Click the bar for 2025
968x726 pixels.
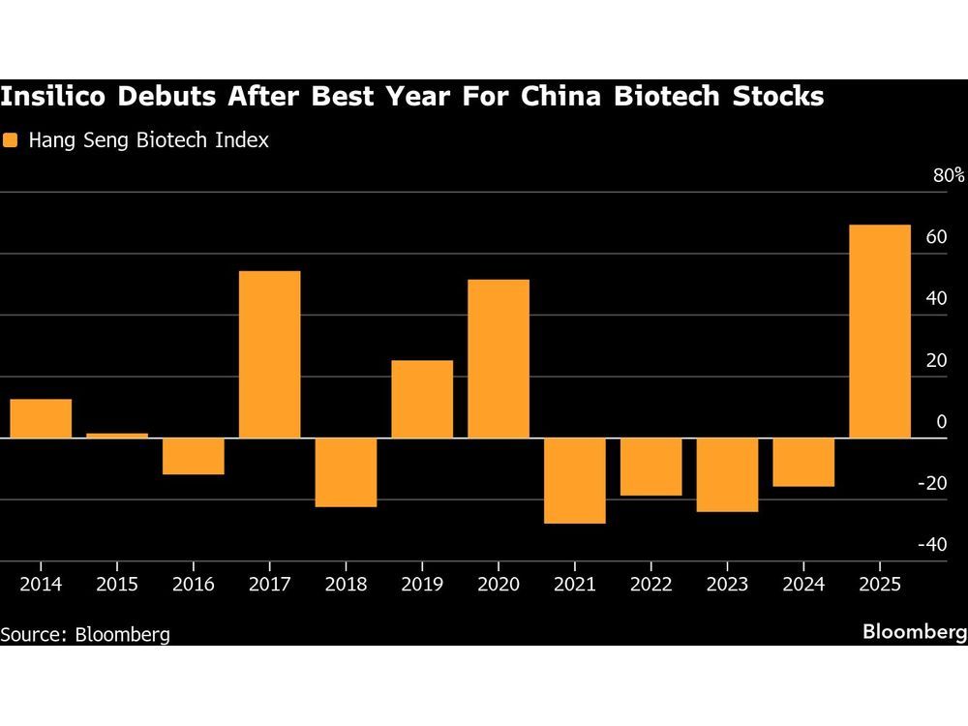click(x=880, y=331)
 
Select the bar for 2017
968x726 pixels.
click(x=269, y=354)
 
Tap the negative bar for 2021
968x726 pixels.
click(x=575, y=480)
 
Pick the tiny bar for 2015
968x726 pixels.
click(x=117, y=436)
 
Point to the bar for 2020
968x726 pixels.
click(x=499, y=358)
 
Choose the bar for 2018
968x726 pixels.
click(x=346, y=472)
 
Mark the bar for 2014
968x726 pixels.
click(x=41, y=418)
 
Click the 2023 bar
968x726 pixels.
click(x=727, y=474)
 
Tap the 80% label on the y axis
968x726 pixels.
click(x=949, y=175)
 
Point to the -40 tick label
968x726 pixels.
click(x=932, y=545)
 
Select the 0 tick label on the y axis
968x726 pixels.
click(x=942, y=422)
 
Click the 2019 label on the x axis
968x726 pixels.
click(x=422, y=585)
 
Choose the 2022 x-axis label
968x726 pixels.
click(x=650, y=585)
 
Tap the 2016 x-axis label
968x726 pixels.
click(x=193, y=585)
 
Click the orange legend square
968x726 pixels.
click(x=11, y=140)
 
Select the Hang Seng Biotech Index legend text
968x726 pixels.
click(x=148, y=140)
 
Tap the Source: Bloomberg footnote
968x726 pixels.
click(x=85, y=634)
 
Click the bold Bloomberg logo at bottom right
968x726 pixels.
click(x=915, y=632)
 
